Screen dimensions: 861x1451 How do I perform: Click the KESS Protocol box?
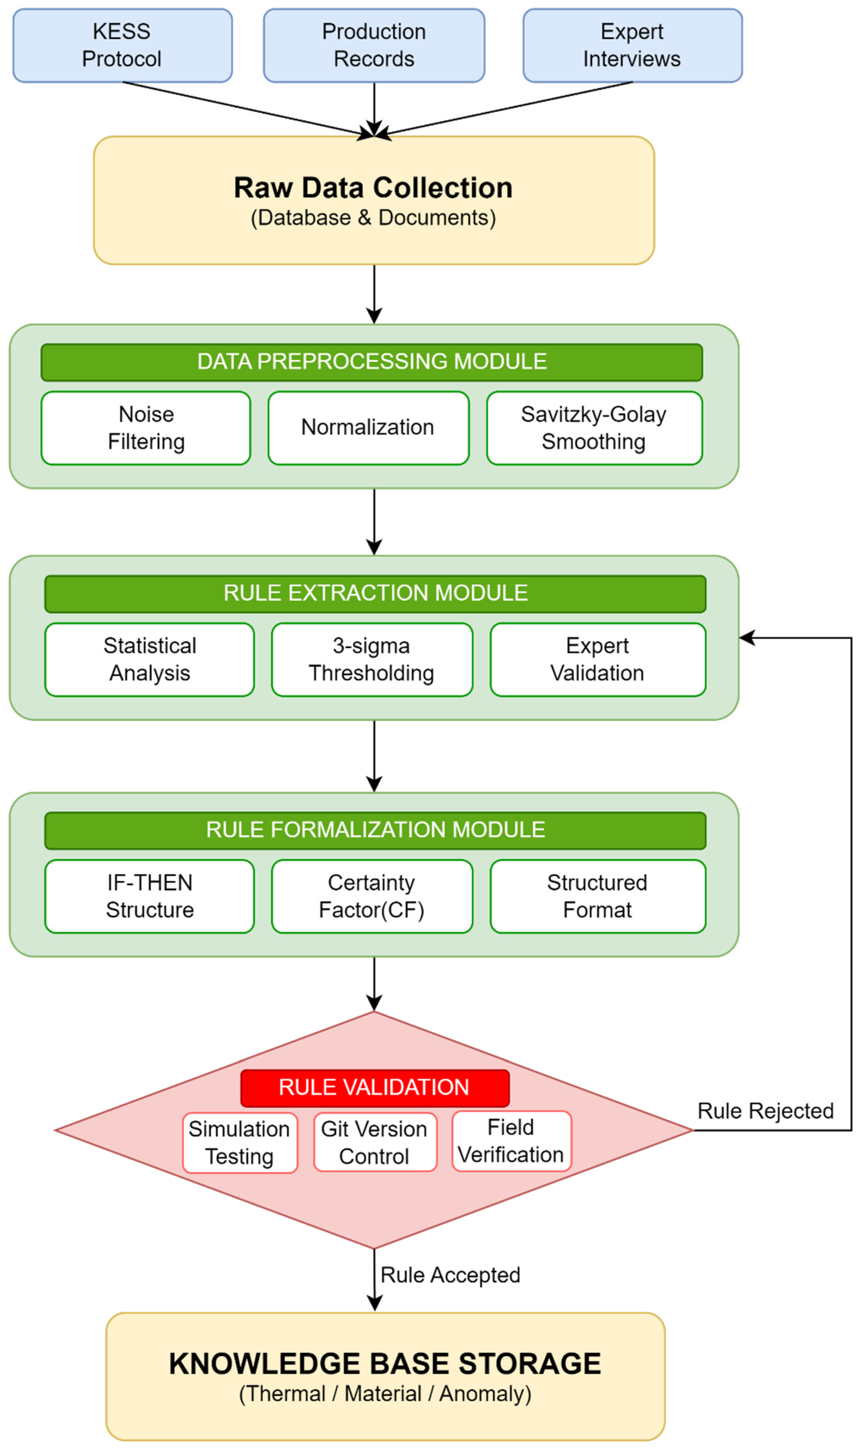[122, 45]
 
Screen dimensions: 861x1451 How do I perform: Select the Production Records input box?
[374, 45]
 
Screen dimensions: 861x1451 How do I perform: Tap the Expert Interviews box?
[632, 45]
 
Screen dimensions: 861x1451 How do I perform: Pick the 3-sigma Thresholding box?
[372, 660]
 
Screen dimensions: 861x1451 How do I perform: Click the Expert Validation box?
[598, 660]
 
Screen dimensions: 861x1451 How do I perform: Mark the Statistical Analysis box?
[150, 660]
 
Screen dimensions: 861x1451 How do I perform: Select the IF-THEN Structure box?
[150, 897]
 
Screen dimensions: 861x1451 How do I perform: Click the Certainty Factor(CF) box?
[372, 897]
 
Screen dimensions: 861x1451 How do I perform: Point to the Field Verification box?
[511, 1141]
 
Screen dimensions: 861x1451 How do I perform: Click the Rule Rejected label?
[765, 1111]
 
